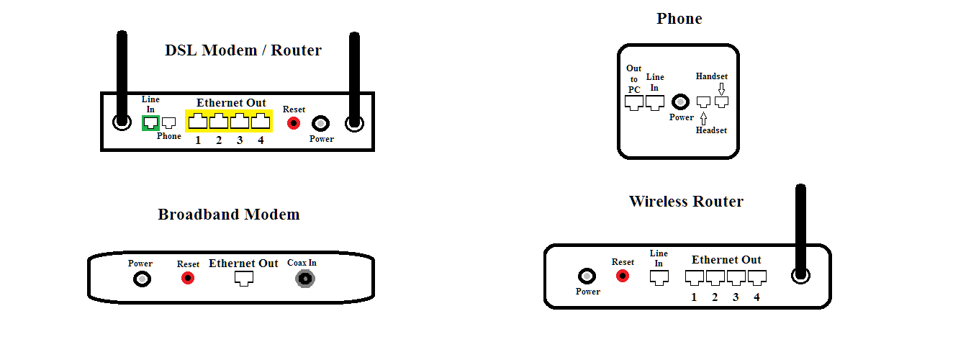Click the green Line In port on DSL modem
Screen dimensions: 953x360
[150, 123]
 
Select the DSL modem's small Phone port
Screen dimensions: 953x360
[169, 123]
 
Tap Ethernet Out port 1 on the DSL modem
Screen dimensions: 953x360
[198, 121]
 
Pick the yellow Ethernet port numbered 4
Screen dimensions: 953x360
[261, 121]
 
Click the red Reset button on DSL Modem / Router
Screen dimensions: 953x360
[294, 123]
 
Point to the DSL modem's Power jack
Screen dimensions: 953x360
[321, 124]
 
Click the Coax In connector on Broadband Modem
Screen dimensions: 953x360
[305, 279]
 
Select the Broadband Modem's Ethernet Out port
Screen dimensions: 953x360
[244, 279]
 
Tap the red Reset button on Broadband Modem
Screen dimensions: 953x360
[188, 279]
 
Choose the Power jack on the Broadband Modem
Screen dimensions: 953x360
[142, 279]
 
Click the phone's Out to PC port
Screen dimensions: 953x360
[634, 103]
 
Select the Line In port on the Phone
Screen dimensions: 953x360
[655, 103]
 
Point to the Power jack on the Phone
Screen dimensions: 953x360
[680, 102]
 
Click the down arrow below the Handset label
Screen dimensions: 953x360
[721, 89]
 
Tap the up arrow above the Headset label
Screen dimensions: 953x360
[704, 118]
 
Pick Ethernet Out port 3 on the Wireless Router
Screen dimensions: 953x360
[736, 278]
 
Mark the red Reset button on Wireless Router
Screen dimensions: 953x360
[623, 276]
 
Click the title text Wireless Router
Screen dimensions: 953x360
[686, 202]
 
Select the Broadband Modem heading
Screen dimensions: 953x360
[229, 214]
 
